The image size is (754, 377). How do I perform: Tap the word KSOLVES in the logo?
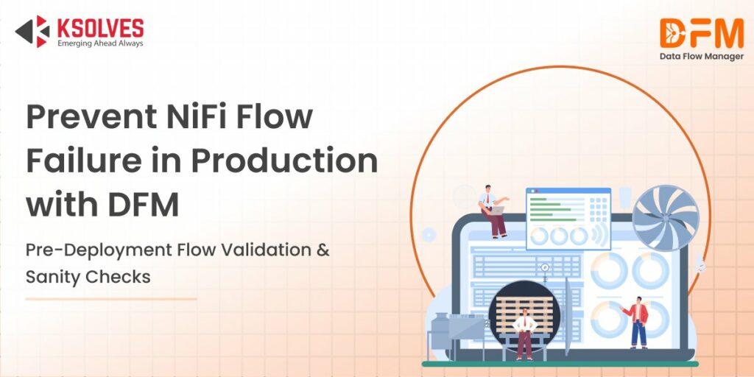coord(99,27)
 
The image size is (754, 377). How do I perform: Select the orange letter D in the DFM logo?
coord(672,33)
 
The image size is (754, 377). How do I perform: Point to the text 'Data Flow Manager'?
coord(700,57)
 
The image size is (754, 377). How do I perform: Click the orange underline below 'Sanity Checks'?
coord(110,299)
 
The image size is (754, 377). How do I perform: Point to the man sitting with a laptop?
coord(494,209)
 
